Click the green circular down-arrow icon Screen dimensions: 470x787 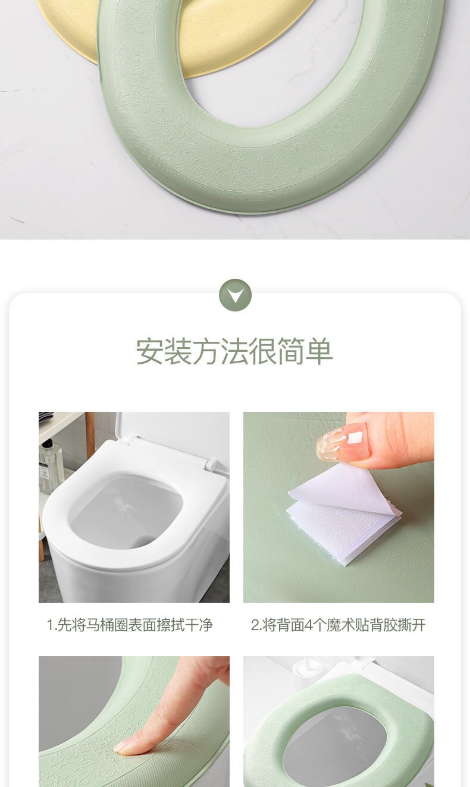pyautogui.click(x=235, y=295)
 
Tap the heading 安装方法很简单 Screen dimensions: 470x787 pyautogui.click(x=234, y=351)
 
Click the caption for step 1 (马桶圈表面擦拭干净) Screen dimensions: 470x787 pyautogui.click(x=130, y=625)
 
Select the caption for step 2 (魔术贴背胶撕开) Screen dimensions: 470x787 pyautogui.click(x=338, y=625)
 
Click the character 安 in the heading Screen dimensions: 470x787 pyautogui.click(x=150, y=351)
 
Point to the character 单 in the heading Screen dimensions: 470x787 pyautogui.click(x=319, y=351)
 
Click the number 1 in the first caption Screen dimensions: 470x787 pyautogui.click(x=50, y=625)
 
